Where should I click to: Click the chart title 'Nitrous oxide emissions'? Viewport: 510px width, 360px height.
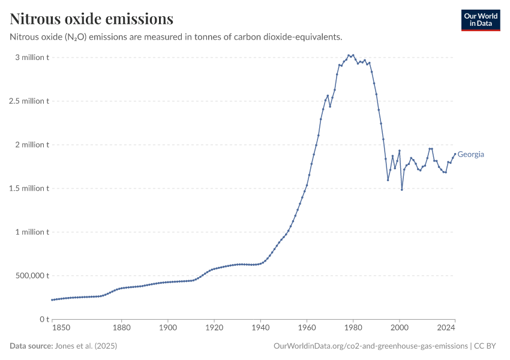coord(92,19)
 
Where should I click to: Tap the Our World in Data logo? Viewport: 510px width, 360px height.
coord(480,20)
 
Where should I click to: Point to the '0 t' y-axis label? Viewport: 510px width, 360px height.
coord(43,319)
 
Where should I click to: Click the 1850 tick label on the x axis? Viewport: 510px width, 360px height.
coord(61,328)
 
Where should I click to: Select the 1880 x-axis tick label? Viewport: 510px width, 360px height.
coord(121,328)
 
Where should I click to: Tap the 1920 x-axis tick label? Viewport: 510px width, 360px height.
coord(214,328)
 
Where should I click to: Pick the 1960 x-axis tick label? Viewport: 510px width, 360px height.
coord(307,328)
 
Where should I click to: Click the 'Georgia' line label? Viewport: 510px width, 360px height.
coord(471,154)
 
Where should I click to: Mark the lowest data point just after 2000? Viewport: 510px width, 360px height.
coord(402,190)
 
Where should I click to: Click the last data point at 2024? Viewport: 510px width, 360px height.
coord(455,153)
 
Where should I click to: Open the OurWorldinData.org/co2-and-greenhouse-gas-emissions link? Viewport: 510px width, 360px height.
coord(370,346)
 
